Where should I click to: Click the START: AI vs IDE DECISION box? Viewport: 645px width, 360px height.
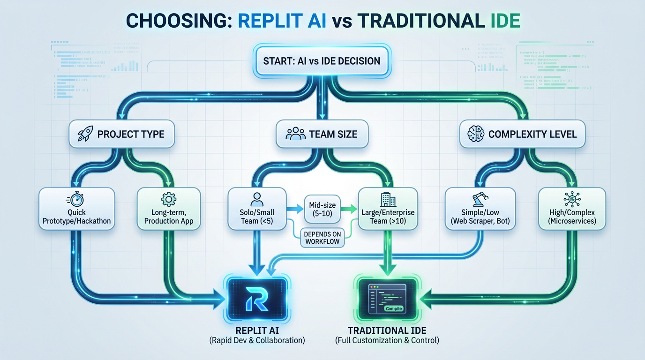pos(322,61)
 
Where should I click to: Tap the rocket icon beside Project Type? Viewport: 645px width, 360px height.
pos(85,134)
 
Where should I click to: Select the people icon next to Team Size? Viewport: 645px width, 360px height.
pos(295,134)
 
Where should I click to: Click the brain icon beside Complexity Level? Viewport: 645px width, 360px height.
pos(475,134)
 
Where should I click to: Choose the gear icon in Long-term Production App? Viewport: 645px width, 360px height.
pos(168,199)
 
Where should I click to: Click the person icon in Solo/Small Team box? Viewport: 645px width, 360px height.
pos(257,198)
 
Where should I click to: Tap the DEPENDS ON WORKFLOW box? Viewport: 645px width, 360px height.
pos(322,237)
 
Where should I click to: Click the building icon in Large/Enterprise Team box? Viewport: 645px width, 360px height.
pos(386,199)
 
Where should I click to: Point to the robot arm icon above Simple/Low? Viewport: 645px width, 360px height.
pos(478,199)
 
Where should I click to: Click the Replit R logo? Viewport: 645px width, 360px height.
pos(257,300)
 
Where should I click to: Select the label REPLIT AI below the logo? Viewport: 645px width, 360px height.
pos(257,330)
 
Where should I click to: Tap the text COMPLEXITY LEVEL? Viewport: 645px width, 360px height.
pos(532,135)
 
